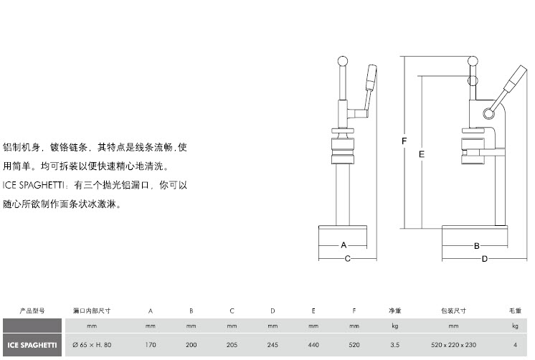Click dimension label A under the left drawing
[344, 245]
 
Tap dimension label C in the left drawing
[347, 259]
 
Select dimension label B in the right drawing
[477, 246]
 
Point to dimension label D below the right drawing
[485, 259]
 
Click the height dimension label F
[404, 141]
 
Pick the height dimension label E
[422, 154]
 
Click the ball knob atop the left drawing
[343, 62]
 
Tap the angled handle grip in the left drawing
[371, 77]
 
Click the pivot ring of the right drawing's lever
[488, 113]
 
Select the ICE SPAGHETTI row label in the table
[32, 345]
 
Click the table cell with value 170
[151, 345]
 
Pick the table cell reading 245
[273, 345]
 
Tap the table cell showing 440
[313, 345]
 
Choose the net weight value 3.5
[394, 345]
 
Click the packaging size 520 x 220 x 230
[453, 345]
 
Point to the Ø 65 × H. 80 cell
[92, 345]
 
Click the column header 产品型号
[32, 311]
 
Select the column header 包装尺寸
[453, 311]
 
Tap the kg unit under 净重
[394, 326]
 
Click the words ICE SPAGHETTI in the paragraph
[34, 185]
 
